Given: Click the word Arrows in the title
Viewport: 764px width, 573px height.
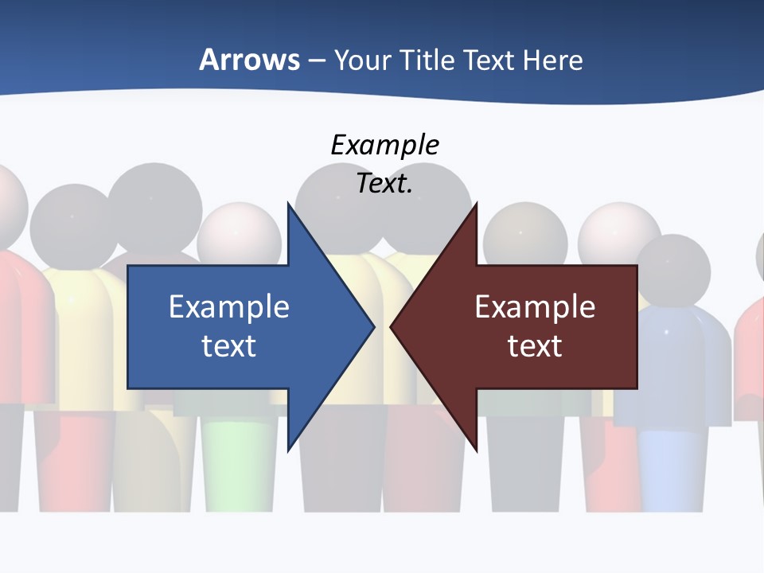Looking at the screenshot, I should point(249,60).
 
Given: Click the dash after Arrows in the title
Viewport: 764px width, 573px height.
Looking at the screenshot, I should point(316,60).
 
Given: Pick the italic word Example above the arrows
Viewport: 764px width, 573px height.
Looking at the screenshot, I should point(385,145).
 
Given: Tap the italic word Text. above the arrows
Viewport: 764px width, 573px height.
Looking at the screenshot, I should point(385,183).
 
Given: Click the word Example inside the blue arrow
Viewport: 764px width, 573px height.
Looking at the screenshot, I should point(229,306).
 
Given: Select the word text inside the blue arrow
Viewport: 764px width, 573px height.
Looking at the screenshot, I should point(229,345).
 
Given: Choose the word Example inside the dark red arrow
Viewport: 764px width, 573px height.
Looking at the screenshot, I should point(535,306).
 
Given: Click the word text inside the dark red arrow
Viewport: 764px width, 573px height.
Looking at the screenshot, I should point(535,345).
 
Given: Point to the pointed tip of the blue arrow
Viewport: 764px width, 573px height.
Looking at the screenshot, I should point(373,326).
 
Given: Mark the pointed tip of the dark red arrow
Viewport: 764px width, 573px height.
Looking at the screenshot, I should point(392,326).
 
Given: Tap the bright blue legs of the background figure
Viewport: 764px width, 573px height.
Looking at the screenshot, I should point(662,470).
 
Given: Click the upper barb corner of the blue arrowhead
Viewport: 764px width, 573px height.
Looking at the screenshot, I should point(288,205).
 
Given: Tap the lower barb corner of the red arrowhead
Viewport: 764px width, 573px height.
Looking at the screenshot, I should point(476,450).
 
